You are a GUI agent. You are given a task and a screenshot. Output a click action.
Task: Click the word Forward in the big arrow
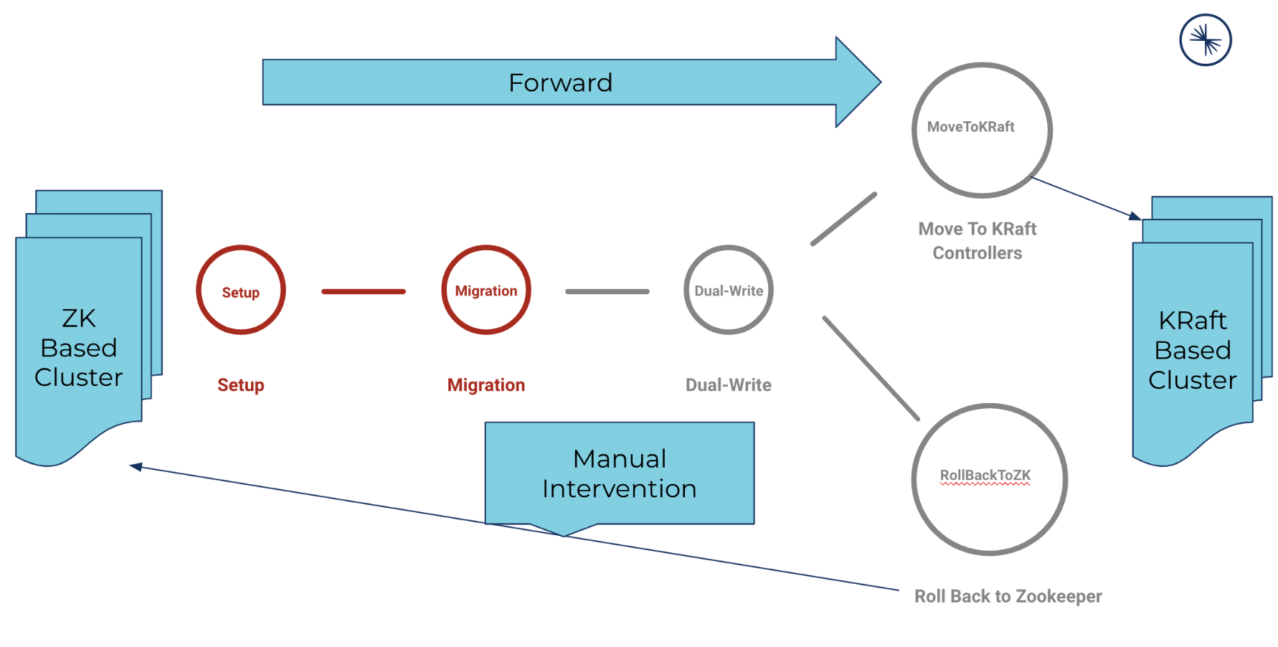[x=560, y=83]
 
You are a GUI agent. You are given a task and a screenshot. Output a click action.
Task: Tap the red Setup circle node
[x=241, y=291]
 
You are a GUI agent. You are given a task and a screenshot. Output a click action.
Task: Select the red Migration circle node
[x=486, y=291]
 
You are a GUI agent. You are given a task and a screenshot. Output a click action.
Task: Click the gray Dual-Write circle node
[x=729, y=291]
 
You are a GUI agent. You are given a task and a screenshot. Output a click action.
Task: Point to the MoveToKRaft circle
[x=982, y=130]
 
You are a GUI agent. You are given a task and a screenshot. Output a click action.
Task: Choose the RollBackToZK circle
[x=989, y=479]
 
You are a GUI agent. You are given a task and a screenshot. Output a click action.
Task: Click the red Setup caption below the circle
[x=241, y=385]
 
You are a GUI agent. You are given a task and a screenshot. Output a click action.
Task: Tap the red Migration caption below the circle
[x=486, y=385]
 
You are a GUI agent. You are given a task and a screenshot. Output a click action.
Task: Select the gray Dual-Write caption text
[x=729, y=385]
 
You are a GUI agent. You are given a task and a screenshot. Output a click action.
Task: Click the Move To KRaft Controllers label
[x=978, y=240]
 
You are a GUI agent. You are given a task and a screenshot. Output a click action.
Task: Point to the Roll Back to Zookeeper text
[x=1008, y=596]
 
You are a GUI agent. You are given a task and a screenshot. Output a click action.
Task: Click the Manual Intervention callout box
[x=619, y=473]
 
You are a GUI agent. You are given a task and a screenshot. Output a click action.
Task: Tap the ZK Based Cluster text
[x=79, y=348]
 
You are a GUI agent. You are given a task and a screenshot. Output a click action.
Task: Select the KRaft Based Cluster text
[x=1193, y=350]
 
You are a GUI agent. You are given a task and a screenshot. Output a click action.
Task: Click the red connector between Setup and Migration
[x=364, y=291]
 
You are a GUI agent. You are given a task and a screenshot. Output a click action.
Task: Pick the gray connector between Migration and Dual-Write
[x=607, y=291]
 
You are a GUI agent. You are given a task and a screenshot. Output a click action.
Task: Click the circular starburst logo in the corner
[x=1206, y=40]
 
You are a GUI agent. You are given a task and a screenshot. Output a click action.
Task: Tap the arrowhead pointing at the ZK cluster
[x=136, y=467]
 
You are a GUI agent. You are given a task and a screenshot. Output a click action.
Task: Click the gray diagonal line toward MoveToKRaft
[x=844, y=219]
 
